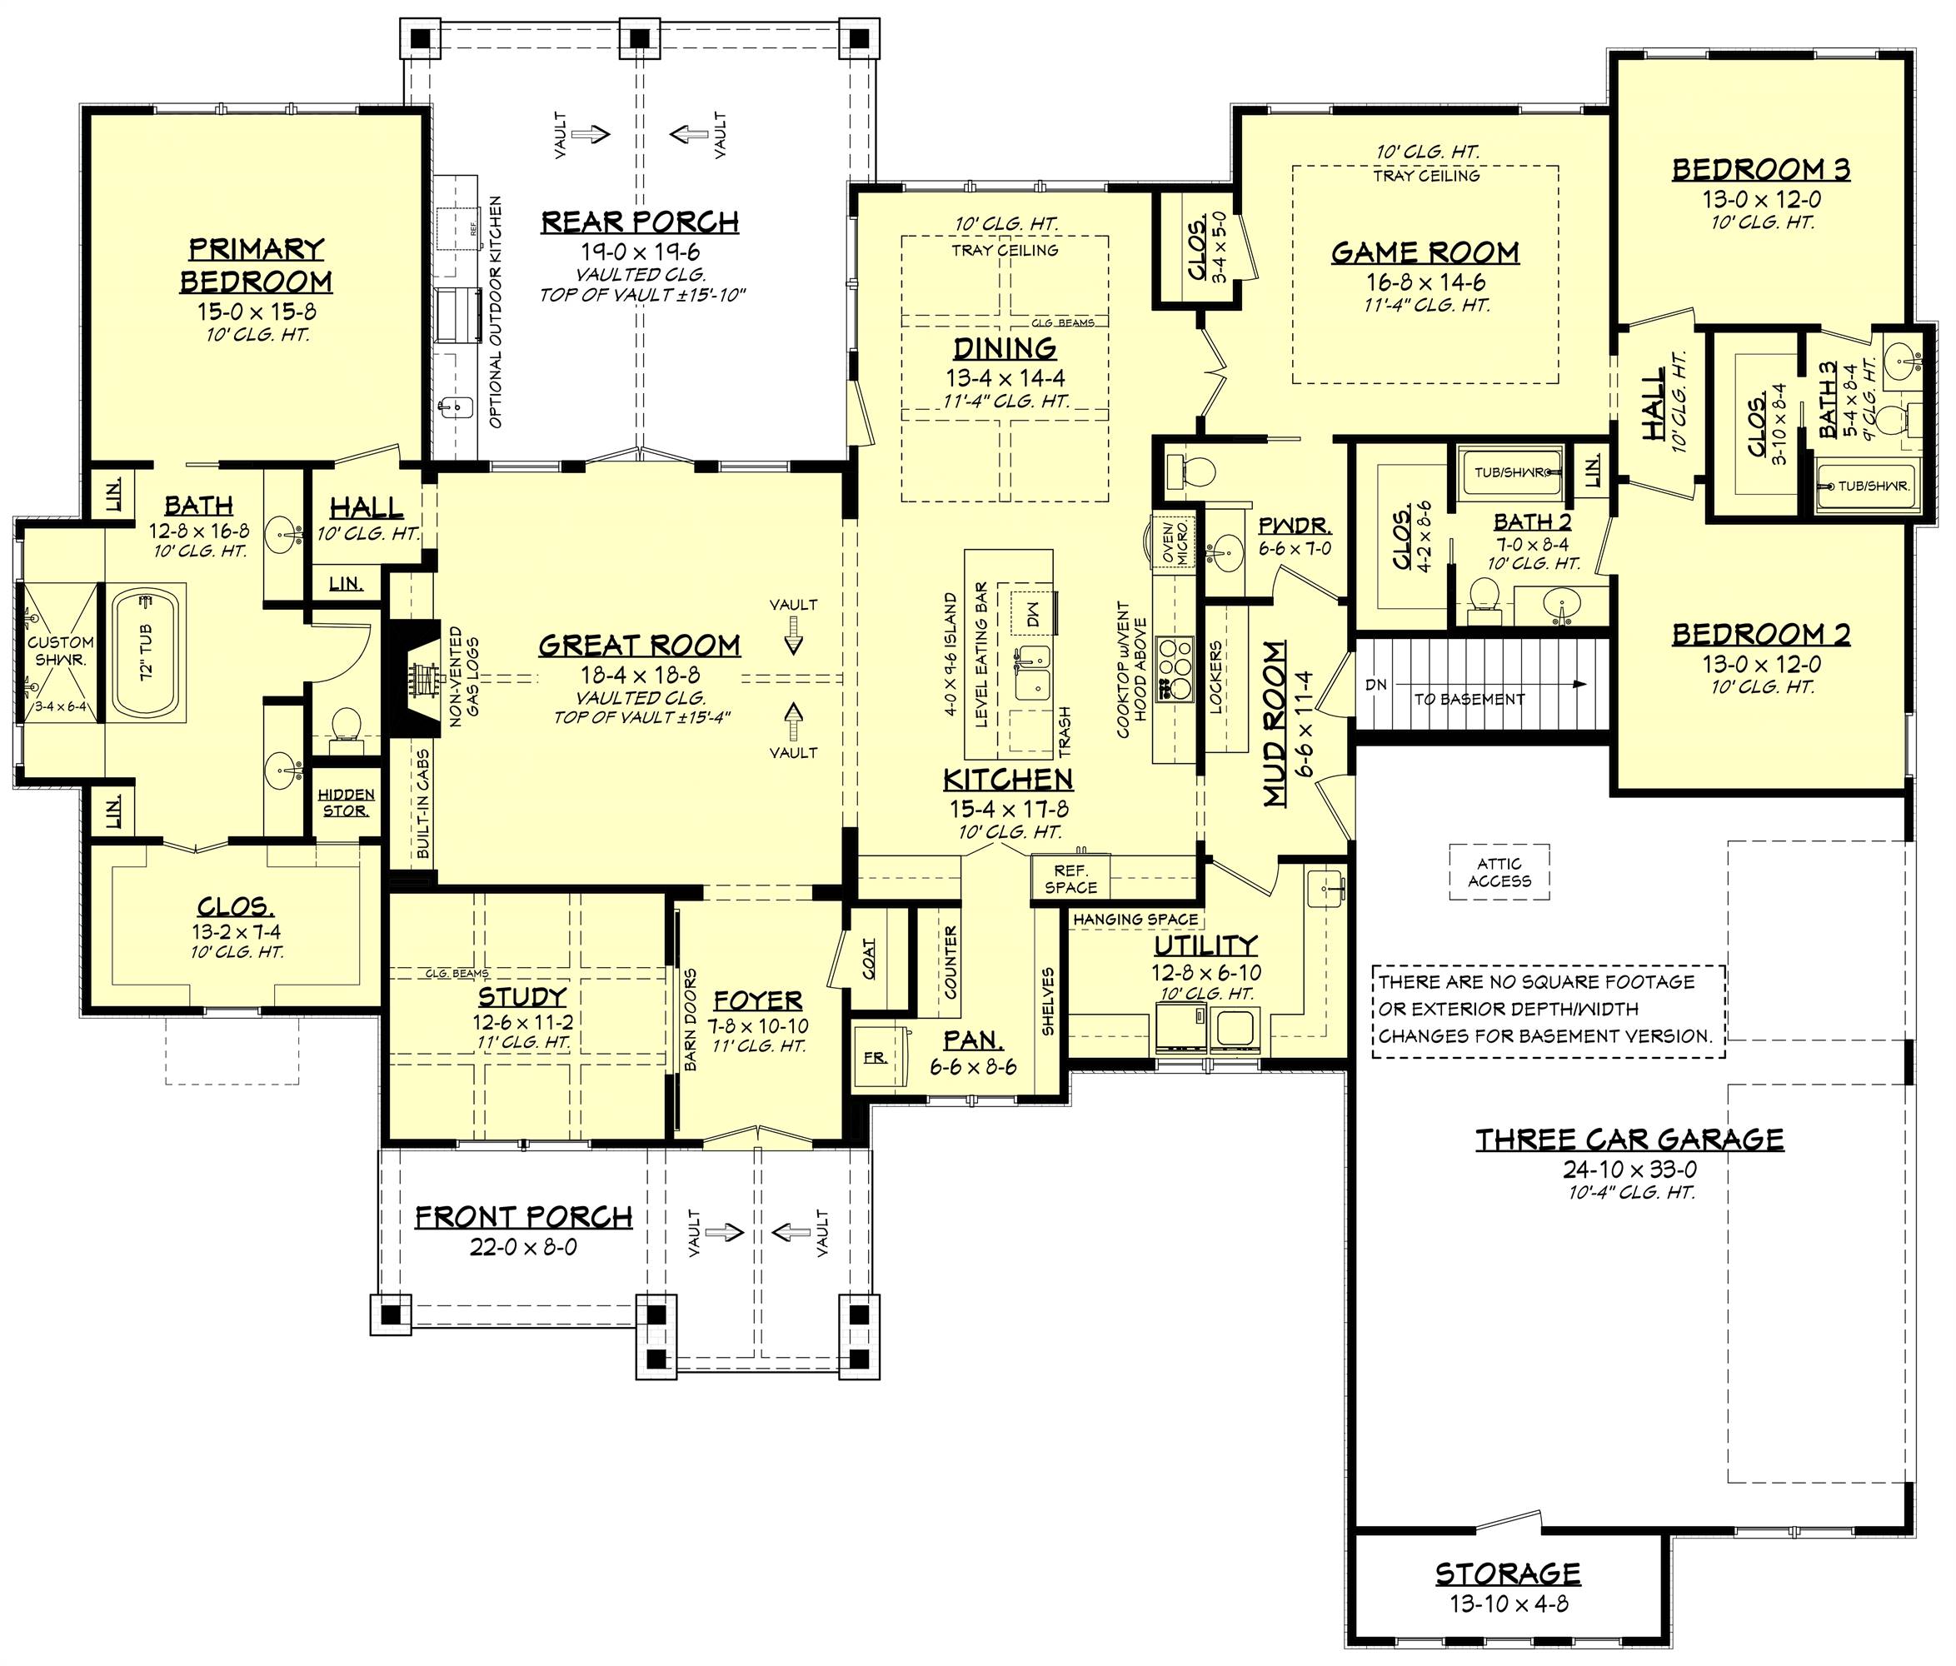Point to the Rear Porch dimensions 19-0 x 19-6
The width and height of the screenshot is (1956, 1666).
(640, 252)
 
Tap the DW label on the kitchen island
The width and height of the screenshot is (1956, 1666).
(1032, 614)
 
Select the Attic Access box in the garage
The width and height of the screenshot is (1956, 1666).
(1499, 872)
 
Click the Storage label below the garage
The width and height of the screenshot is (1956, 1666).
(1508, 1574)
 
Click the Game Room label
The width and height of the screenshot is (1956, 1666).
(1425, 253)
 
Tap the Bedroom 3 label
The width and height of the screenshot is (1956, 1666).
(1760, 170)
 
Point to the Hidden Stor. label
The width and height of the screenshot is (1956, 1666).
(346, 802)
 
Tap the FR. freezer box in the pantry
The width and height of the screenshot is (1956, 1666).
(875, 1057)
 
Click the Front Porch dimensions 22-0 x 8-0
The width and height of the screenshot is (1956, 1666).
(523, 1247)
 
